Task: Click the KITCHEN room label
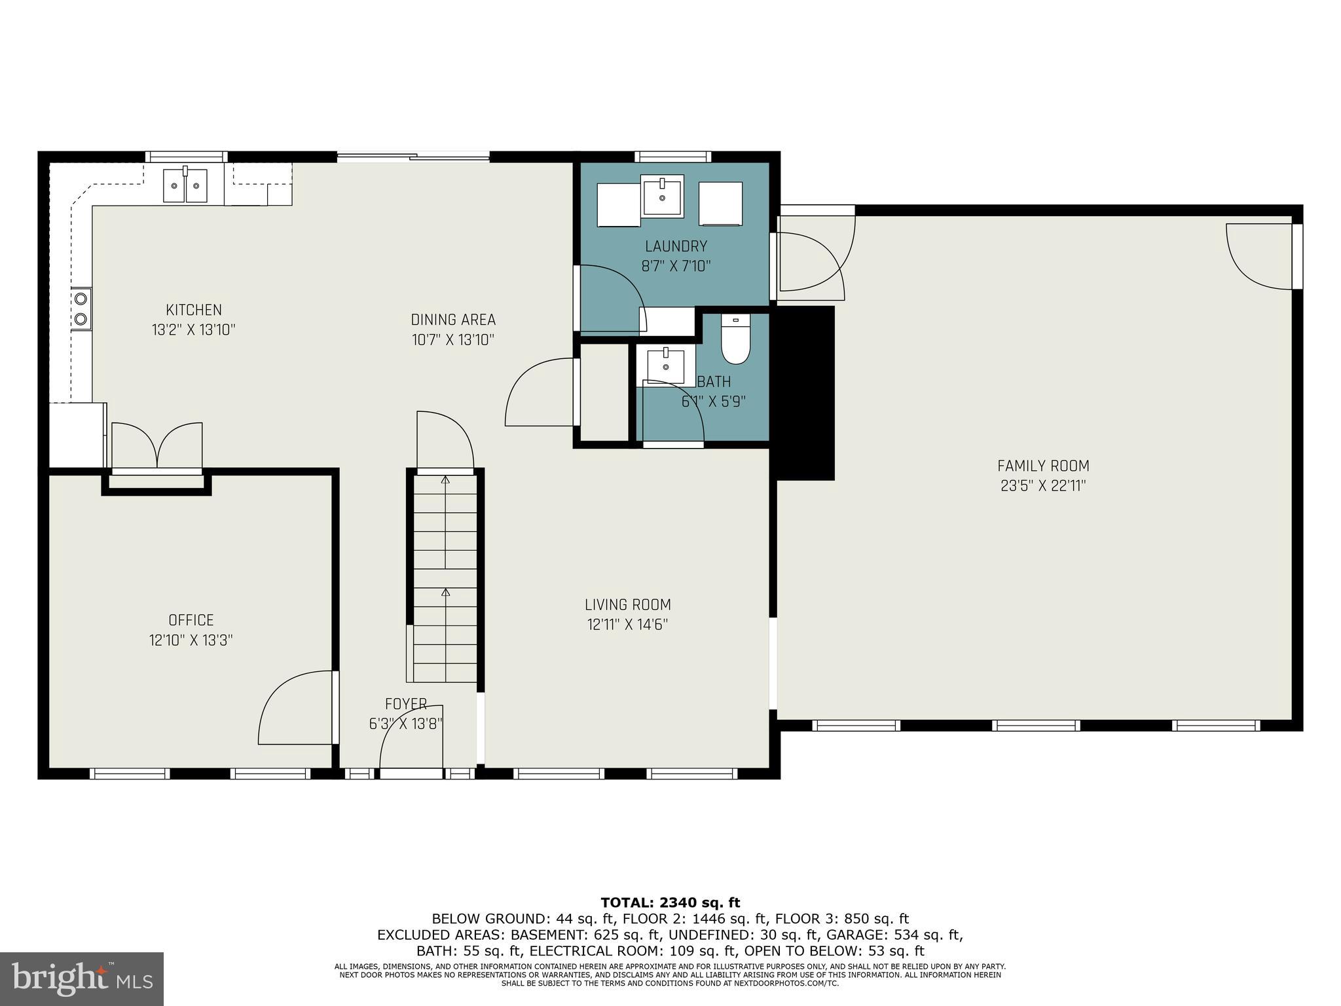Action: click(x=193, y=310)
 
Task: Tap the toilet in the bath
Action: click(x=735, y=339)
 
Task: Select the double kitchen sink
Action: click(x=185, y=186)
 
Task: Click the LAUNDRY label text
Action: click(x=676, y=246)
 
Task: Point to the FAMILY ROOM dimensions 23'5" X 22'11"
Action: click(x=1043, y=486)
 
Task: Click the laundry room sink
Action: click(x=662, y=195)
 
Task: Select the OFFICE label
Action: click(x=191, y=620)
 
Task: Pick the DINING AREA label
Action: click(x=453, y=320)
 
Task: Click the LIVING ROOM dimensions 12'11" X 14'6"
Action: click(x=627, y=625)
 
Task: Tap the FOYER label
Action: click(x=406, y=704)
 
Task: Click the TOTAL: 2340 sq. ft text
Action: click(x=670, y=903)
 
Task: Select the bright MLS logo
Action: click(x=82, y=978)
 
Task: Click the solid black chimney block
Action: click(x=805, y=393)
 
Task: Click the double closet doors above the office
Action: click(x=157, y=446)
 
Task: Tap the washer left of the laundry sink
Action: click(x=618, y=204)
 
